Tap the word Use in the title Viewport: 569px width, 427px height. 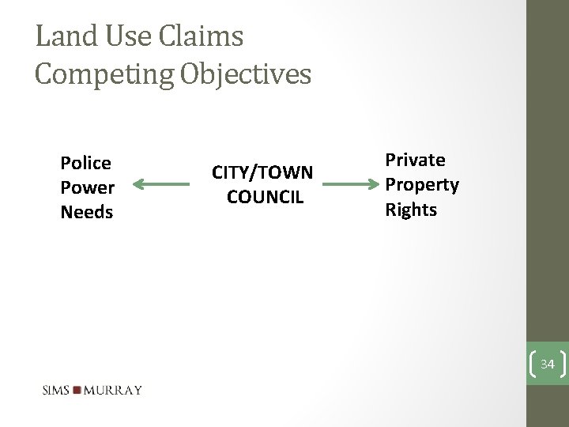click(x=126, y=36)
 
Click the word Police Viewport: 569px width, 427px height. click(x=86, y=163)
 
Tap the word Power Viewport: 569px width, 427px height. click(x=88, y=187)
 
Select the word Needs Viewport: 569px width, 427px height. click(x=87, y=212)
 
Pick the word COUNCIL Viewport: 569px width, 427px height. click(x=265, y=196)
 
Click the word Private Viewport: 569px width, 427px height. click(x=415, y=160)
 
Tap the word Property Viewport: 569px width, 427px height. click(x=422, y=184)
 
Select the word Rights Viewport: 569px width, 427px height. click(x=410, y=209)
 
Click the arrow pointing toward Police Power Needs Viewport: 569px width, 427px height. click(x=163, y=185)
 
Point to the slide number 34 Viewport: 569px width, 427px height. click(x=548, y=365)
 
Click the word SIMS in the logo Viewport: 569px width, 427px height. click(x=56, y=390)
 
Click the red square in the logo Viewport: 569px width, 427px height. click(x=77, y=390)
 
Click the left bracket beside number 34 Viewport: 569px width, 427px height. click(x=532, y=365)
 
